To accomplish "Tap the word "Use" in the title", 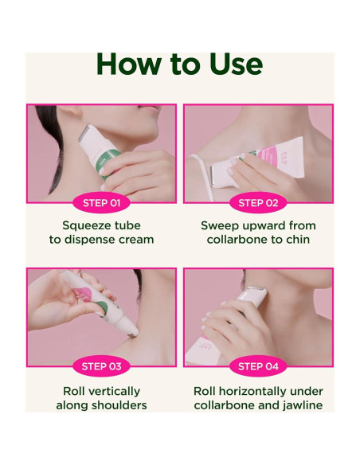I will point(231,64).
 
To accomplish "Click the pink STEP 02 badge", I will point(259,203).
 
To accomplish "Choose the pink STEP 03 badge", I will point(101,366).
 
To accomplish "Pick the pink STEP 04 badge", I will point(259,366).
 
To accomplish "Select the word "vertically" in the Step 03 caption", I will point(112,391).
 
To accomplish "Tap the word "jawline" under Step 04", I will point(299,405).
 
